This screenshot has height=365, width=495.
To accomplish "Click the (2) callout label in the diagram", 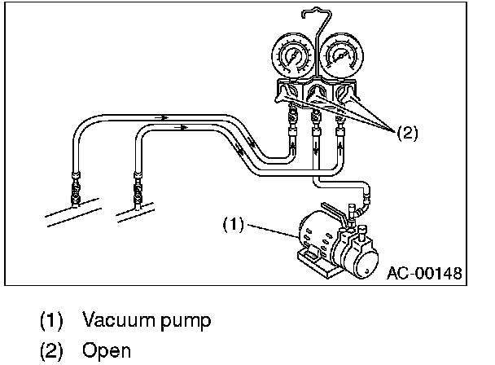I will click(408, 134).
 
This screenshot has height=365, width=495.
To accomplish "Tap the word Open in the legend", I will click(107, 351).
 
